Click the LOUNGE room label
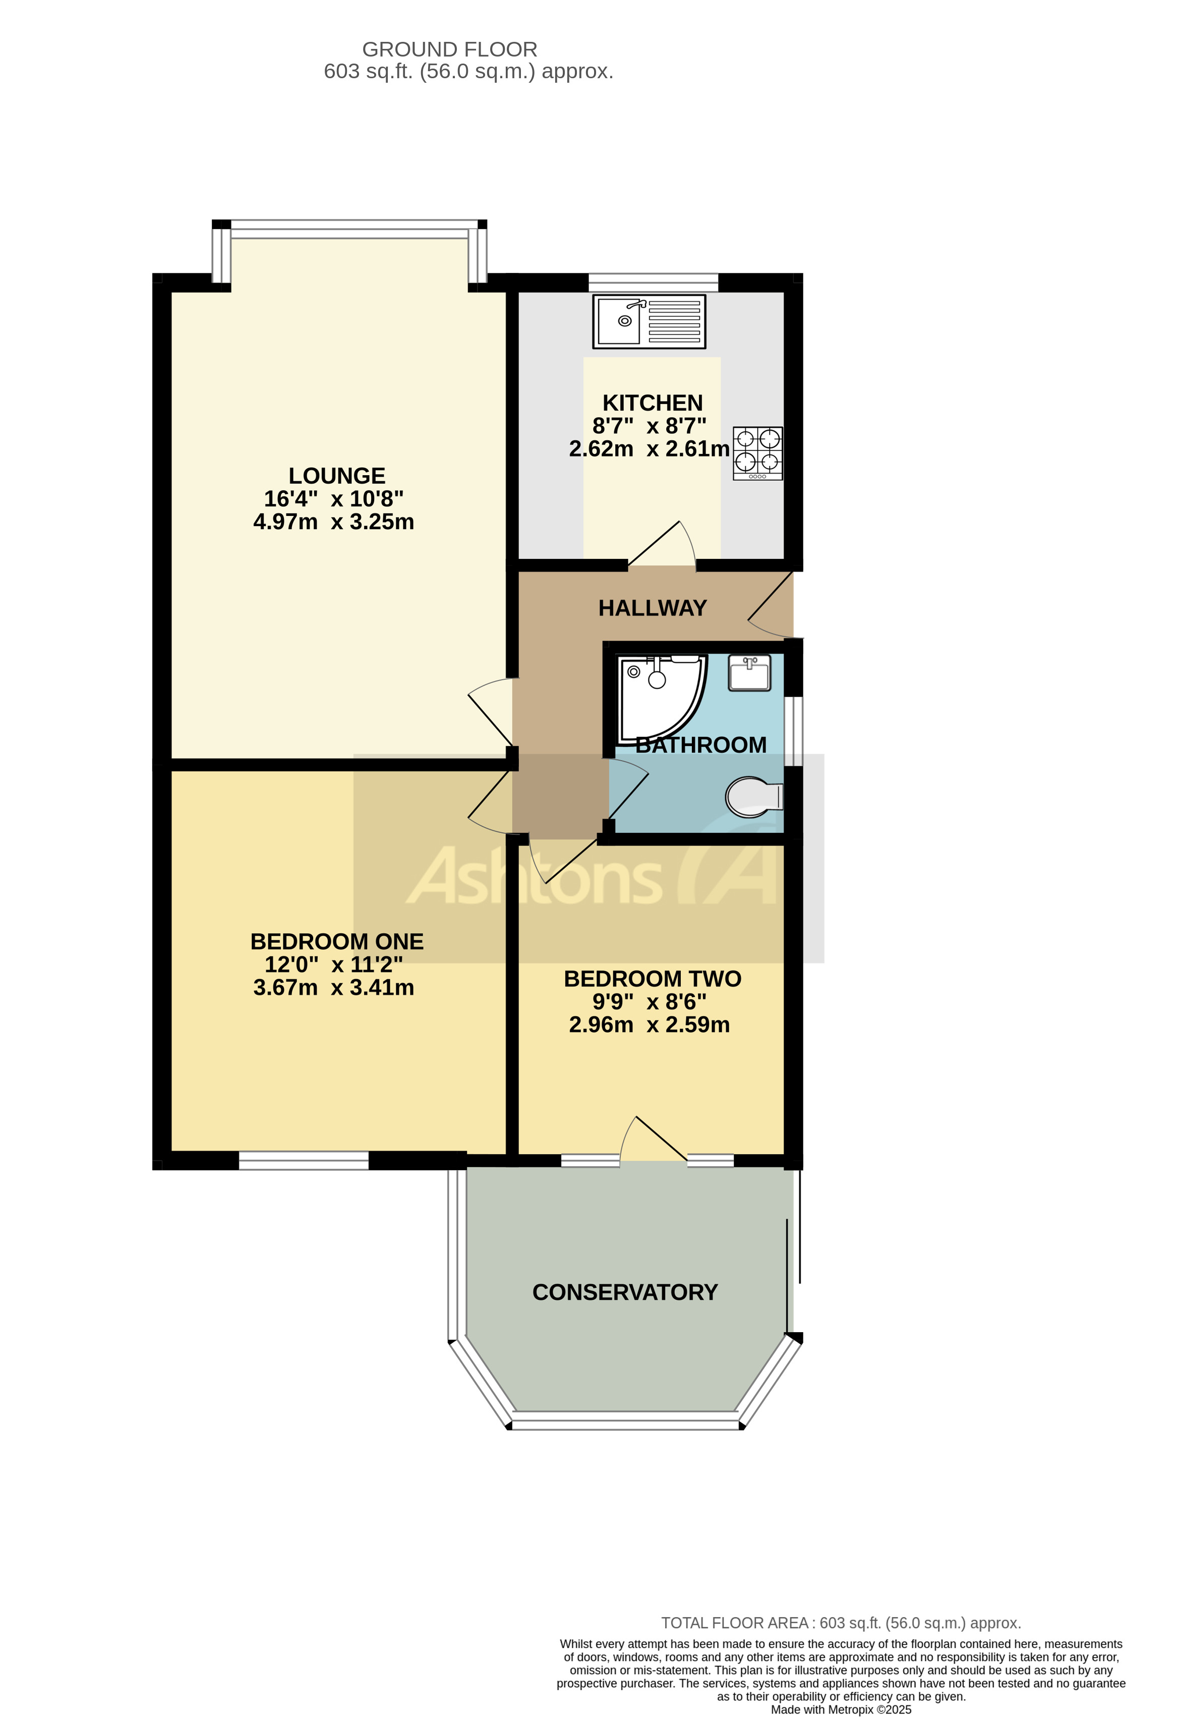pyautogui.click(x=337, y=476)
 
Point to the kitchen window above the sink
pyautogui.click(x=653, y=281)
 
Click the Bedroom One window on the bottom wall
pyautogui.click(x=304, y=1160)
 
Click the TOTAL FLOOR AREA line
pyautogui.click(x=841, y=1623)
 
